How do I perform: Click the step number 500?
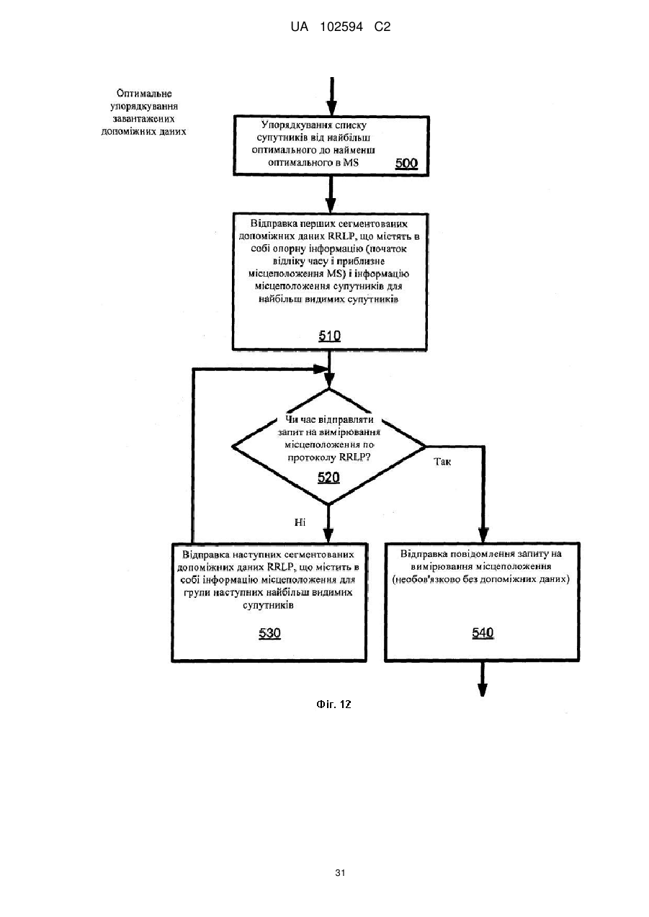[406, 164]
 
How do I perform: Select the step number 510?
[330, 336]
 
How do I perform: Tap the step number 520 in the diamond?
[328, 478]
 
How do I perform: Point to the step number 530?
[269, 633]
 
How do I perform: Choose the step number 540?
[483, 633]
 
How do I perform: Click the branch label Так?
[442, 462]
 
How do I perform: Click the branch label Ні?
[300, 522]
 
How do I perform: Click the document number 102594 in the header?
[341, 27]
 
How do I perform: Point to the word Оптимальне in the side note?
[144, 94]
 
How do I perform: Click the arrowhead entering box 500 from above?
[331, 109]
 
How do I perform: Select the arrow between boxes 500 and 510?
[331, 194]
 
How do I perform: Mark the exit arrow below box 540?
[483, 679]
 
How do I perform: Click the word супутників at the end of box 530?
[268, 605]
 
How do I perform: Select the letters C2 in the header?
[382, 27]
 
